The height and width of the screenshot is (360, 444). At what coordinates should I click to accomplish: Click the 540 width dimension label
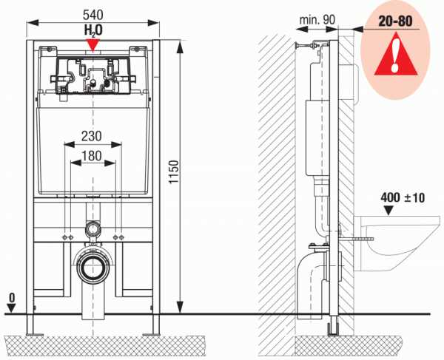pyautogui.click(x=93, y=15)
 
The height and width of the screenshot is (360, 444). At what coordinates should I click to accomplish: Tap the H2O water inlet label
pyautogui.click(x=93, y=30)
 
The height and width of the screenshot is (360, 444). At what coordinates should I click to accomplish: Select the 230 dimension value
pyautogui.click(x=92, y=136)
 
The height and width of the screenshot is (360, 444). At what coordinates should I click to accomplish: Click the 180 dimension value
pyautogui.click(x=92, y=155)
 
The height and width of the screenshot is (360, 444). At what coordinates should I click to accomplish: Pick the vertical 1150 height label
pyautogui.click(x=174, y=171)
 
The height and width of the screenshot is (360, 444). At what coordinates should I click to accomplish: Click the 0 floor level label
pyautogui.click(x=12, y=298)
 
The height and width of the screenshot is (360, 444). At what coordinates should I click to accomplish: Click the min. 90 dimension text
pyautogui.click(x=317, y=19)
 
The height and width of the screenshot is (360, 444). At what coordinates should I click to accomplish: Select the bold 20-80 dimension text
pyautogui.click(x=395, y=21)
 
